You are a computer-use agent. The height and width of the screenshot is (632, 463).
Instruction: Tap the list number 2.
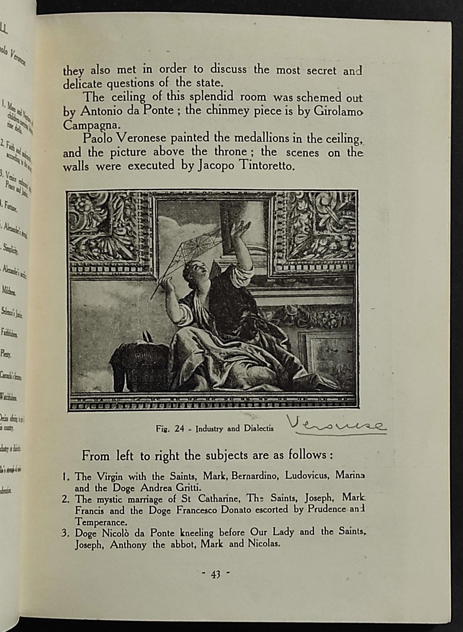tap(66, 499)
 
